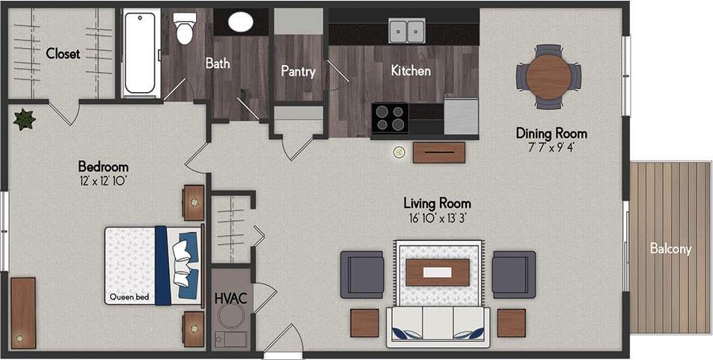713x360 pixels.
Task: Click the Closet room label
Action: [63, 54]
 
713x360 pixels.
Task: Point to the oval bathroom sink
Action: [241, 22]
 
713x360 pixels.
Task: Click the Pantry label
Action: [298, 72]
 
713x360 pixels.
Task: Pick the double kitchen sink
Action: [407, 31]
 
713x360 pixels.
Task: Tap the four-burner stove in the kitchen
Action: [389, 118]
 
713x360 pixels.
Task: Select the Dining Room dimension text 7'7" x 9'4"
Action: [551, 147]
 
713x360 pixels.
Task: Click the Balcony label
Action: [670, 249]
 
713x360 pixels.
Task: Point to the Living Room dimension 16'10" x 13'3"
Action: [437, 218]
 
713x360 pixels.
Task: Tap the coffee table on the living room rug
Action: [438, 272]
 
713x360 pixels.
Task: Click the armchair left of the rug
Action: [362, 275]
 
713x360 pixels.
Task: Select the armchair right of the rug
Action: [513, 275]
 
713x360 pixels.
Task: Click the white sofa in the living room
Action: [438, 325]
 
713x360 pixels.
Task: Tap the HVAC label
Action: [231, 298]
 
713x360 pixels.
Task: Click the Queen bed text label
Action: [129, 297]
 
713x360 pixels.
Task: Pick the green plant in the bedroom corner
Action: [25, 119]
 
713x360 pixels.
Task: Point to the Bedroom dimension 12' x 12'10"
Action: [103, 180]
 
